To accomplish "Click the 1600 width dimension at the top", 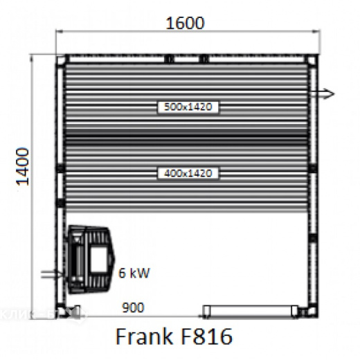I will (x=186, y=23).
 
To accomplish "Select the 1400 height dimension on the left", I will (x=24, y=166).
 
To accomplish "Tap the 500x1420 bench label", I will (x=188, y=107).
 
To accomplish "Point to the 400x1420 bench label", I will (x=188, y=173).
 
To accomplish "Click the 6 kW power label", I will (x=133, y=273).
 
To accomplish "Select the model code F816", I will (x=207, y=337).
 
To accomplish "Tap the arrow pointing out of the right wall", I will (x=323, y=93).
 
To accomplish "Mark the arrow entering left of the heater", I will (x=51, y=275).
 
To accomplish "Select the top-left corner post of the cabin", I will (x=62, y=60).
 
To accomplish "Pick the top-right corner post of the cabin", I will (x=311, y=60).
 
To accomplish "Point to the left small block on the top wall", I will (x=168, y=60).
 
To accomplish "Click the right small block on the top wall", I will (x=204, y=60).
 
